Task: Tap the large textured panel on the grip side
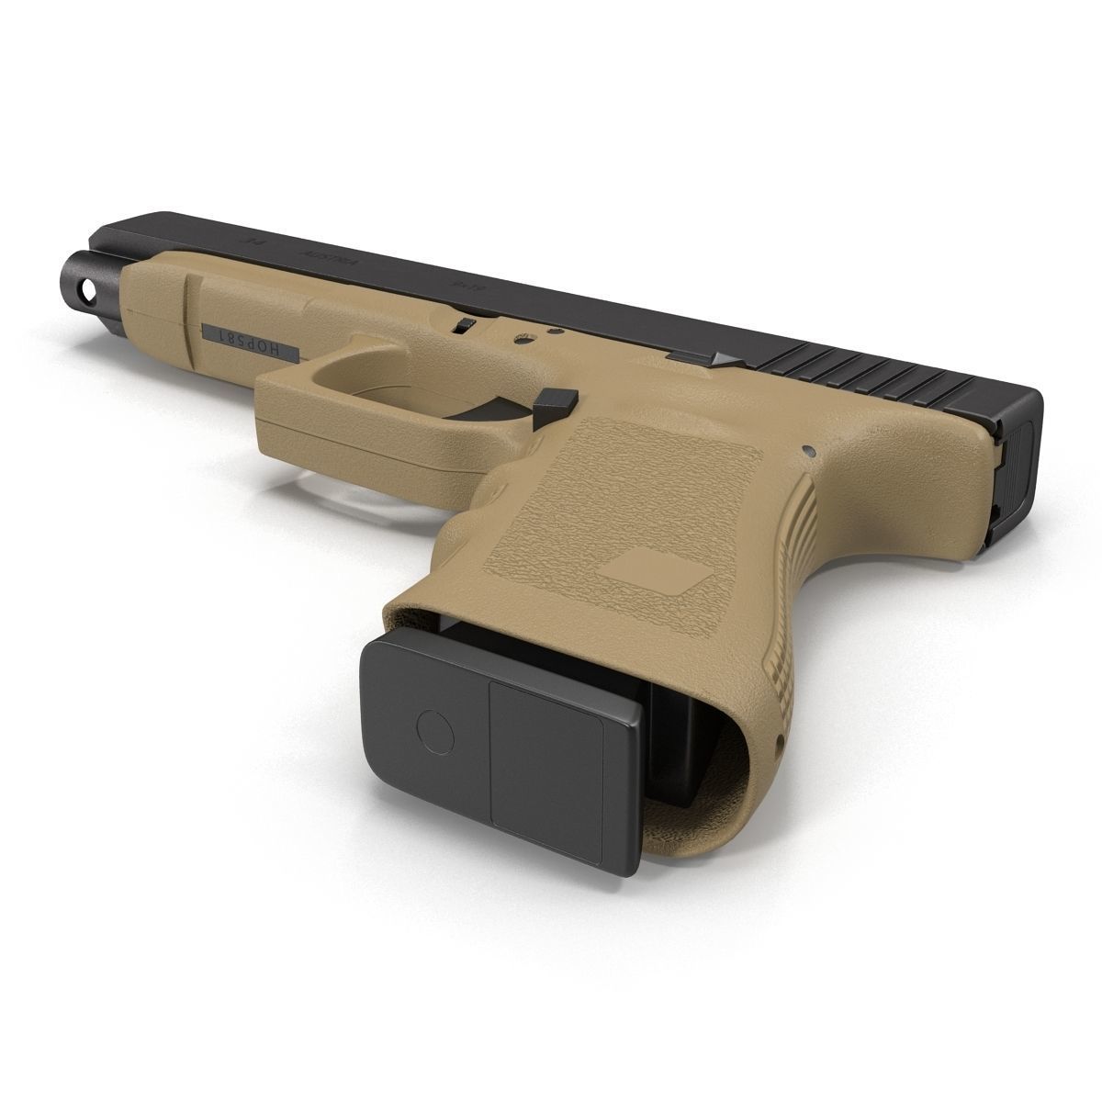(x=643, y=514)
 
